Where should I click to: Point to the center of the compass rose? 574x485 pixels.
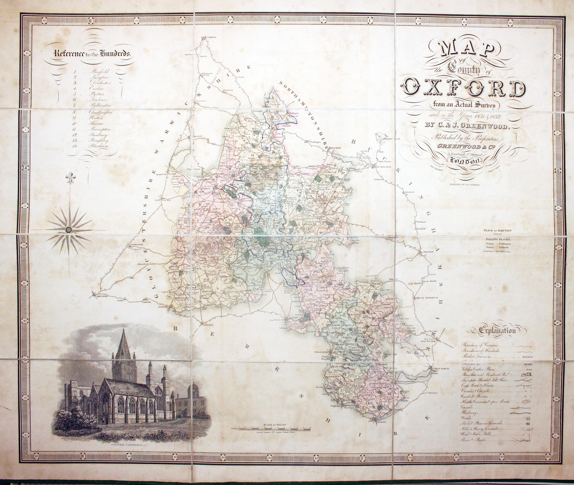click(x=68, y=229)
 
